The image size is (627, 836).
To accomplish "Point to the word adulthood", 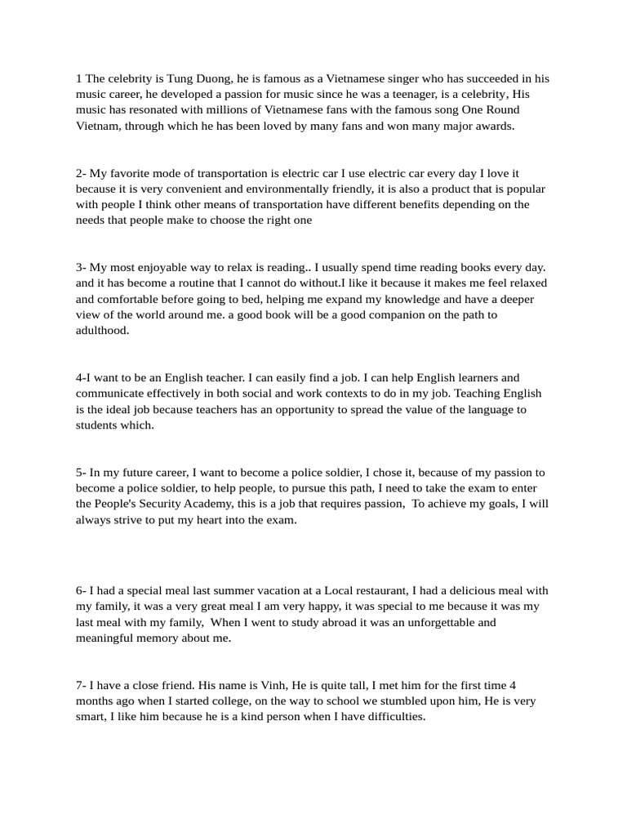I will pos(103,331).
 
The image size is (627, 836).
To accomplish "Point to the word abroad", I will pos(314,622).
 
